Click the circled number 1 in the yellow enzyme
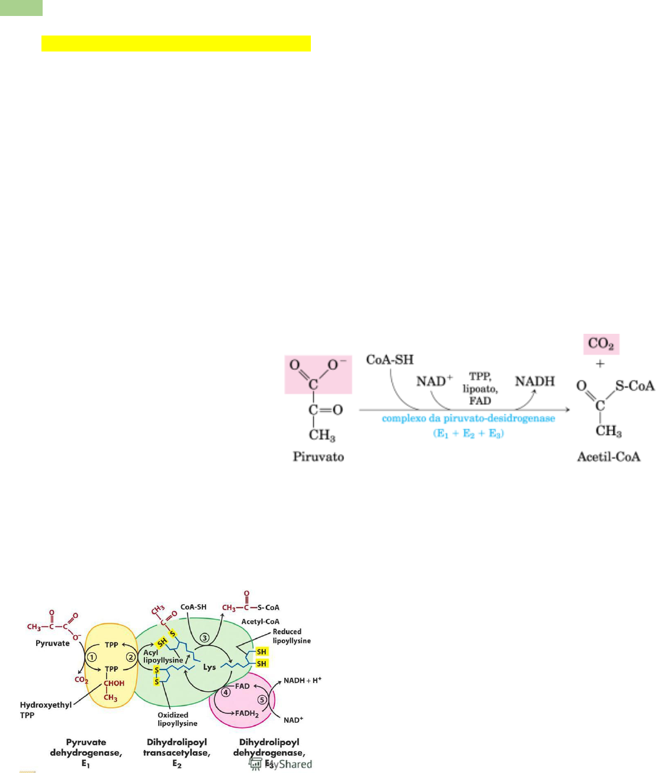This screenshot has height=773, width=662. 91,657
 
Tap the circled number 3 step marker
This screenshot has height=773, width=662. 204,637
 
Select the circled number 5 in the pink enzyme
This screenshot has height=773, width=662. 263,700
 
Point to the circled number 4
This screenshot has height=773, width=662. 226,692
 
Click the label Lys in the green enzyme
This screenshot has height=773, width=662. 210,667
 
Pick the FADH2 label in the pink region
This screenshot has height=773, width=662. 247,713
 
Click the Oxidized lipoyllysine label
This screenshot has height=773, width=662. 177,719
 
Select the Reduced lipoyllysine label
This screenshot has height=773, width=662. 291,636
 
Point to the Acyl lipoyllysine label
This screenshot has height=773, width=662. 163,656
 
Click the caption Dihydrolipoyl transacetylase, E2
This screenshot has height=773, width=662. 176,753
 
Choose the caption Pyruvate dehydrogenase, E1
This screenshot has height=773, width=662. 86,753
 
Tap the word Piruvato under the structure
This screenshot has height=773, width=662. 319,456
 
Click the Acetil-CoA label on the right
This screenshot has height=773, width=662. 609,456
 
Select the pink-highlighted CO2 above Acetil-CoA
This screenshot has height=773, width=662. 600,344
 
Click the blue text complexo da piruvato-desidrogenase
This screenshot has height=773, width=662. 468,418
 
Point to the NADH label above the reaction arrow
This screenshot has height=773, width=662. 535,381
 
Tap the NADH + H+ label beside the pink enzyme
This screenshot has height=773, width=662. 302,681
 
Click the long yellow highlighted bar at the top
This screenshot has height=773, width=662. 176,44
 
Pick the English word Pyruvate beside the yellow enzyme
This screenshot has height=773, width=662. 53,643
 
